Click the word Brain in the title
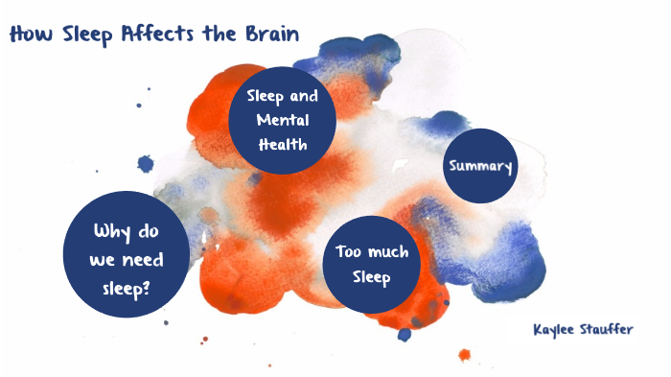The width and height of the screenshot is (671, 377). [270, 35]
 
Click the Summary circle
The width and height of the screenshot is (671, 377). [480, 166]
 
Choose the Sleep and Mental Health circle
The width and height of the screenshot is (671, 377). [282, 121]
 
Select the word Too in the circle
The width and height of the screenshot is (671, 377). [348, 253]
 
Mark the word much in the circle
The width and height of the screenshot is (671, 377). [387, 253]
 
